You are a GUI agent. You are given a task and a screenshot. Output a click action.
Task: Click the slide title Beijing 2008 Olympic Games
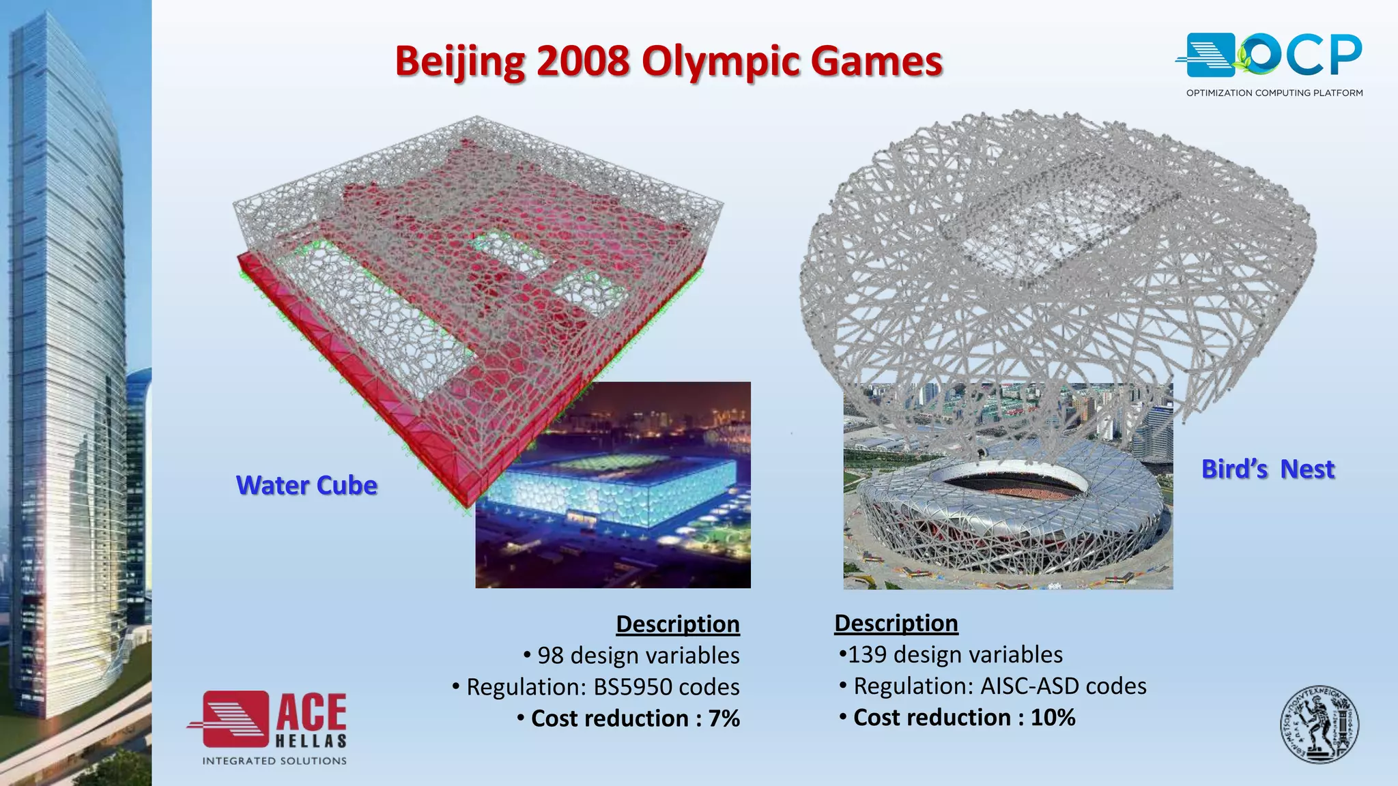pyautogui.click(x=668, y=61)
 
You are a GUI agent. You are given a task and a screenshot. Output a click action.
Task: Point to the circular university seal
pyautogui.click(x=1319, y=725)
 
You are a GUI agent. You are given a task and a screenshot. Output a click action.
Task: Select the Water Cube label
pyautogui.click(x=306, y=485)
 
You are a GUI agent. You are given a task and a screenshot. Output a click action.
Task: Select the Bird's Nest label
pyautogui.click(x=1268, y=469)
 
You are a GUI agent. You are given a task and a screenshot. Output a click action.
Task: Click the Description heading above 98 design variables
pyautogui.click(x=677, y=624)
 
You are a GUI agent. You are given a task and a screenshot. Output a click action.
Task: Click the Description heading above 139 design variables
pyautogui.click(x=896, y=623)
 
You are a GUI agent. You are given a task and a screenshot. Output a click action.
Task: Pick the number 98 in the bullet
pyautogui.click(x=550, y=656)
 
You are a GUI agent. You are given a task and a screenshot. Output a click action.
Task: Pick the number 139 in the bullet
pyautogui.click(x=867, y=655)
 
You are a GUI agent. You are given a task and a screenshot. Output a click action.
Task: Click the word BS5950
pyautogui.click(x=627, y=687)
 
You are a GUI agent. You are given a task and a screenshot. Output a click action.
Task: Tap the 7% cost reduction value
pyautogui.click(x=724, y=718)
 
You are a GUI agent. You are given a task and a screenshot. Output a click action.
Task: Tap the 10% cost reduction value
pyautogui.click(x=1053, y=718)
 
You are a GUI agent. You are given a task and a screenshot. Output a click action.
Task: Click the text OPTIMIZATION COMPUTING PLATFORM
pyautogui.click(x=1274, y=93)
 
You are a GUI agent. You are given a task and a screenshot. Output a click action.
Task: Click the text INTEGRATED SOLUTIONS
pyautogui.click(x=274, y=761)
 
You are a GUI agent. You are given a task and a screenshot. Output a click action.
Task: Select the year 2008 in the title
pyautogui.click(x=582, y=61)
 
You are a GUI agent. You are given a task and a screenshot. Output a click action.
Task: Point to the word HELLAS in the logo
pyautogui.click(x=311, y=741)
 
